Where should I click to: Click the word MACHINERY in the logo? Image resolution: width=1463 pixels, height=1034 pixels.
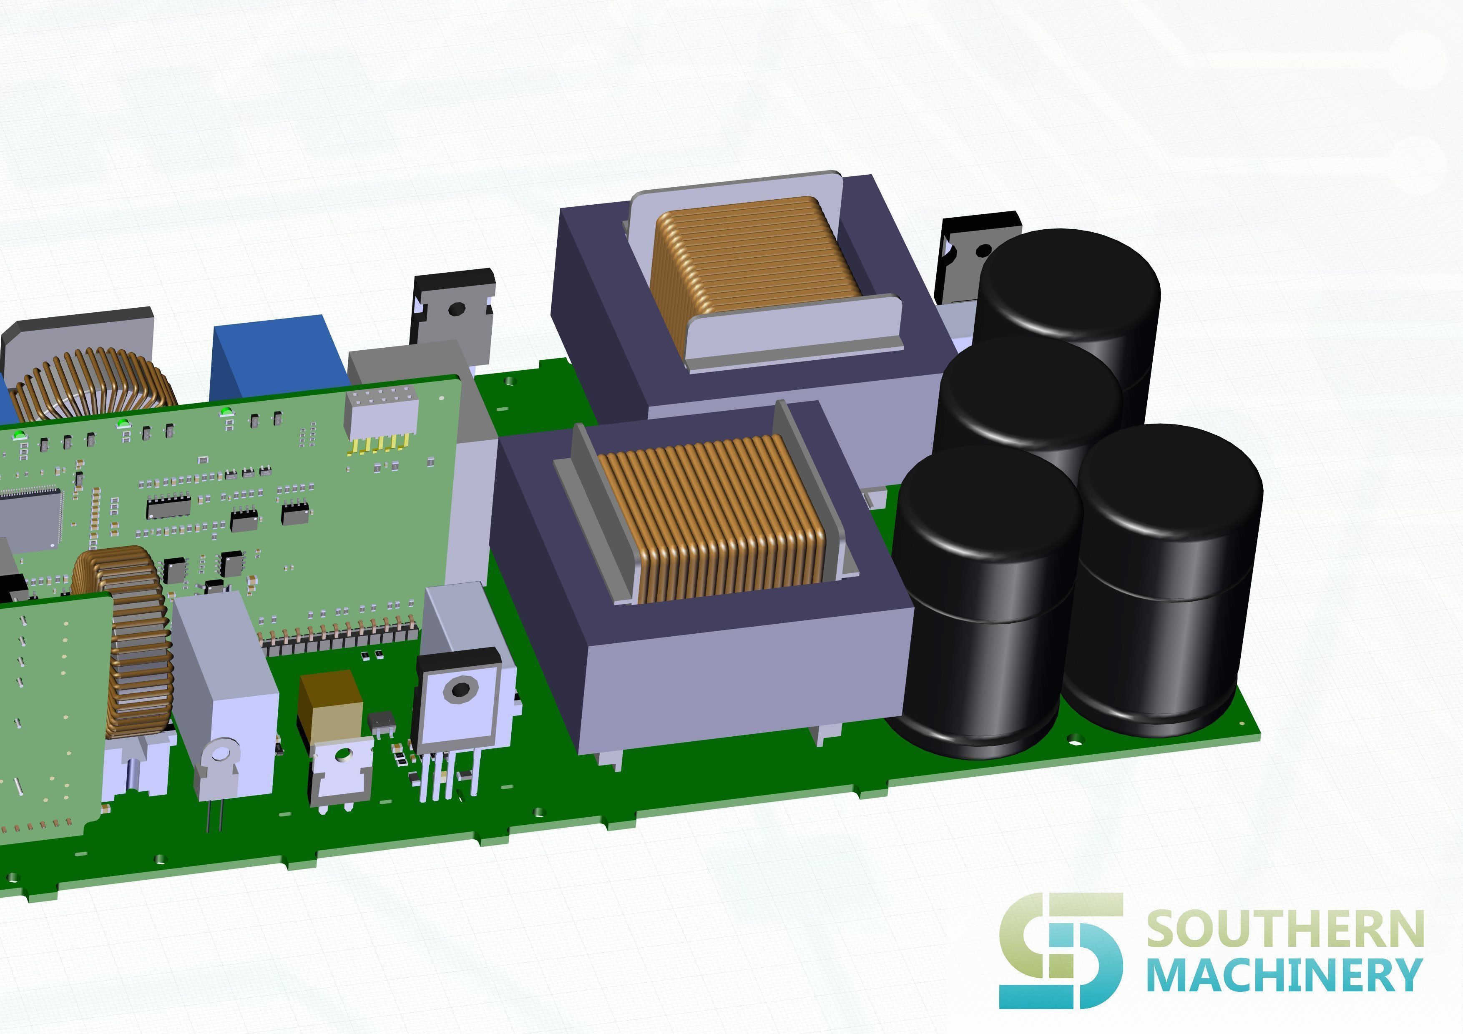[x=1285, y=975]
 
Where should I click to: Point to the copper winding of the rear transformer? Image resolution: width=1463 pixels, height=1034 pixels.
[x=756, y=255]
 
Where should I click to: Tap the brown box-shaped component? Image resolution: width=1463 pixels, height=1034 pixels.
[x=330, y=704]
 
